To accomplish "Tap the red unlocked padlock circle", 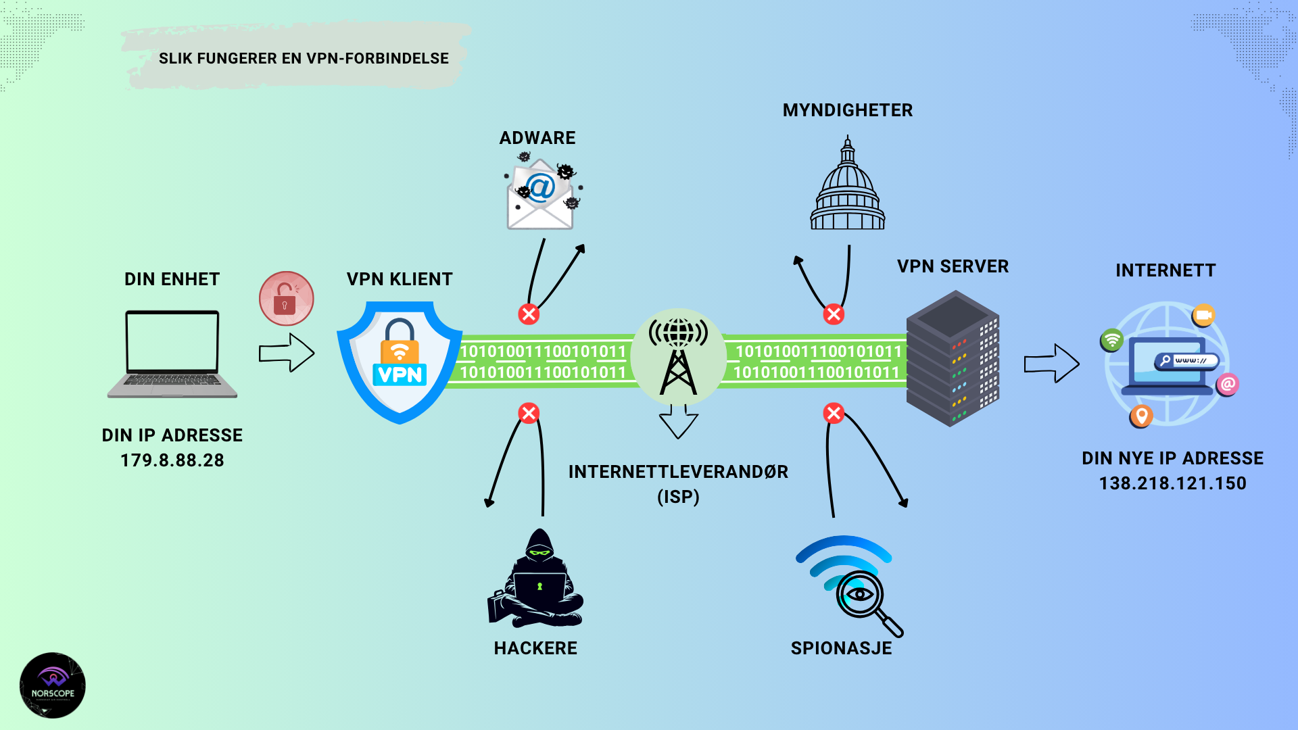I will (x=286, y=299).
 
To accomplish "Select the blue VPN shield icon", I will (x=400, y=362).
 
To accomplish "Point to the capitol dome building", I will (x=848, y=186).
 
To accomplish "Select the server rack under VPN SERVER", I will (x=953, y=358).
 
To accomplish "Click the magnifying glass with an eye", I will (x=863, y=598).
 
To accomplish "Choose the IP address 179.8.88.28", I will (x=172, y=460).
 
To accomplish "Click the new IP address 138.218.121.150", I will (x=1172, y=483).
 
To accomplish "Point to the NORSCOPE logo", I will (x=53, y=685).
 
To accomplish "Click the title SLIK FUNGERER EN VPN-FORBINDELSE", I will (x=304, y=59).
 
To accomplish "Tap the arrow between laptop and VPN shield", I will (x=287, y=352).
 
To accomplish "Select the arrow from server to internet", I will (x=1051, y=364).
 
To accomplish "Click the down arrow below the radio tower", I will (x=678, y=422).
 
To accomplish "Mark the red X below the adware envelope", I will (x=529, y=314).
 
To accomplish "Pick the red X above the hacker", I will (x=529, y=413).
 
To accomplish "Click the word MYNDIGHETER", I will (x=848, y=110).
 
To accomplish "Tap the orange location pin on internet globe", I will (x=1141, y=415).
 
